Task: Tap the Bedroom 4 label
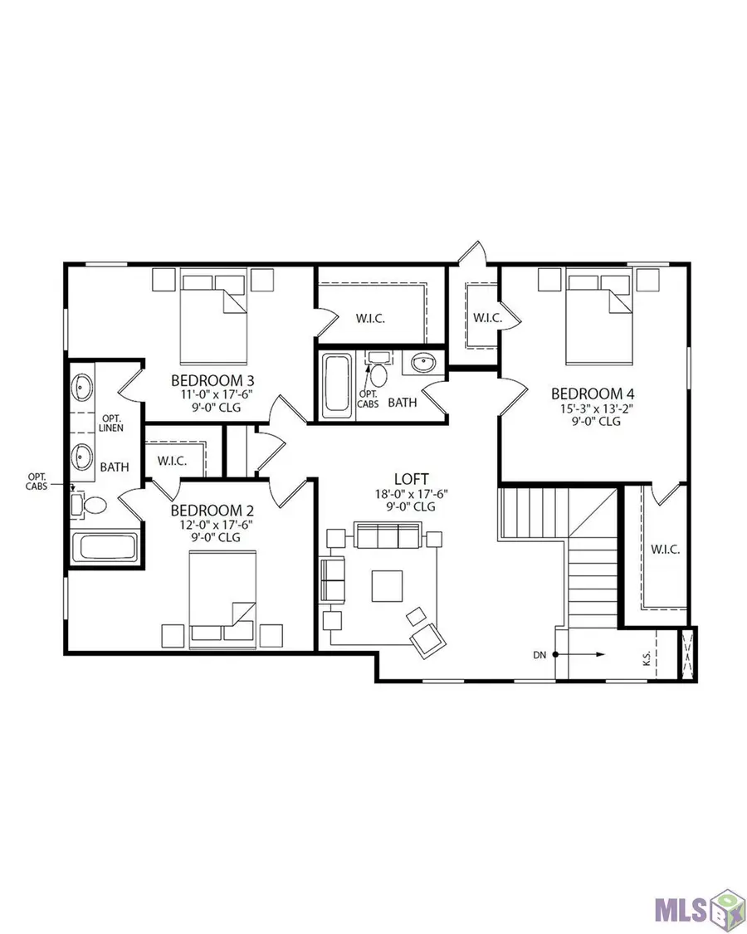[587, 393]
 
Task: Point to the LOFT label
[412, 479]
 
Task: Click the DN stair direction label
[540, 655]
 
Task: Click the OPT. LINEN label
[111, 422]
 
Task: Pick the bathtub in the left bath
[105, 548]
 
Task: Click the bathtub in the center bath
[336, 384]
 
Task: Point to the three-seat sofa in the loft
[388, 537]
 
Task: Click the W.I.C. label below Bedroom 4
[665, 549]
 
